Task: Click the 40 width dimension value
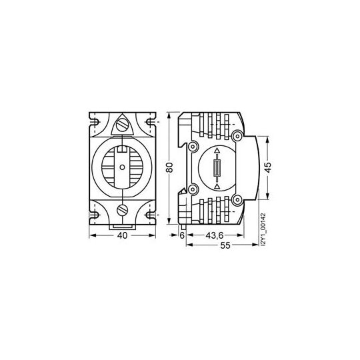coord(122,235)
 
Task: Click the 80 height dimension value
coord(169,167)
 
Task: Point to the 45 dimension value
coord(268,167)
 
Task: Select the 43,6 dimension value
coord(215,235)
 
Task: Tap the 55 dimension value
coord(225,245)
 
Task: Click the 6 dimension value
coord(182,235)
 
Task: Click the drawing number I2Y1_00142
coord(263,229)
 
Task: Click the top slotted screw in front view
coord(122,125)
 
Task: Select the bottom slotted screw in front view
coord(123,210)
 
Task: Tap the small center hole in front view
coord(123,167)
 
